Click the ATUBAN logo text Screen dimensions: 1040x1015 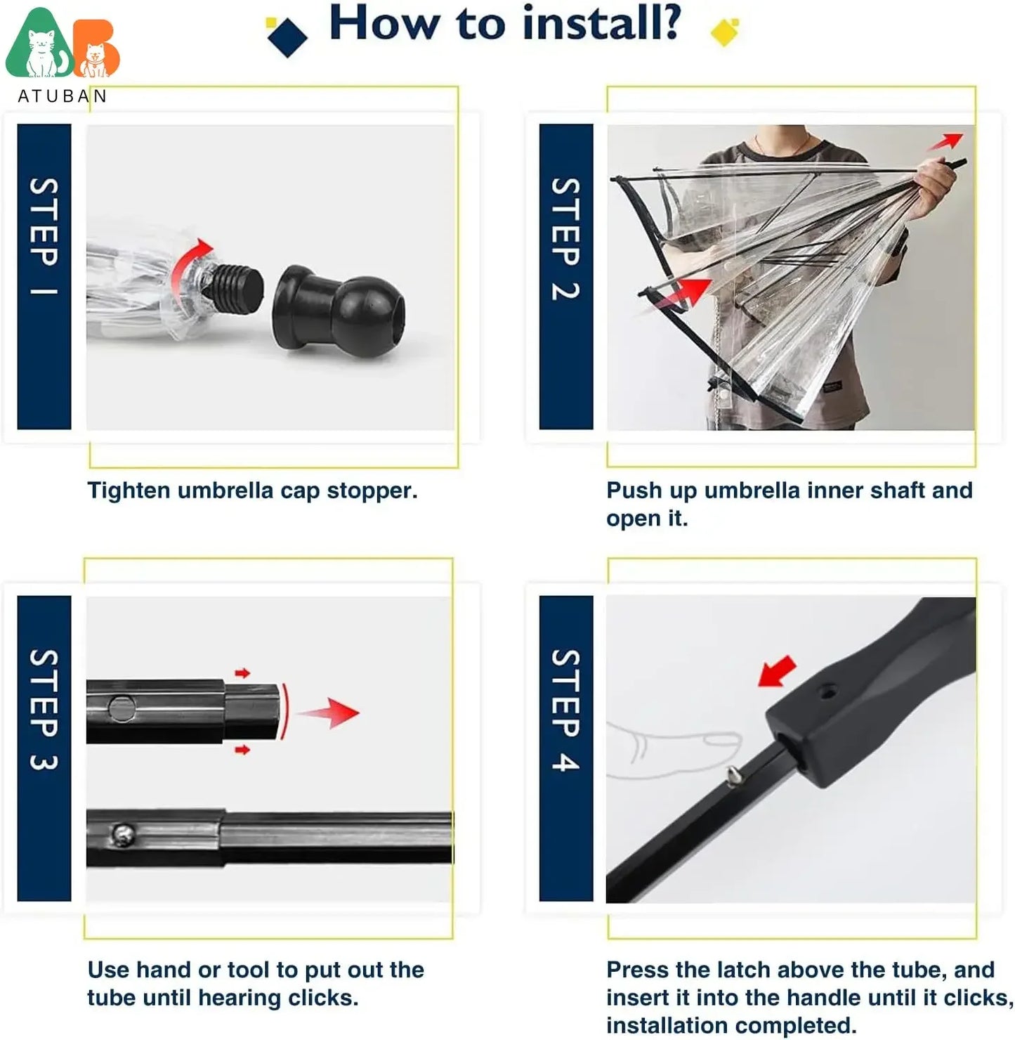point(62,96)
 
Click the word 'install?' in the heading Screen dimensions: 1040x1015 point(602,24)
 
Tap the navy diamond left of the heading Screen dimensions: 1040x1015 point(287,36)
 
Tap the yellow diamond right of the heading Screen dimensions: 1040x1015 point(724,32)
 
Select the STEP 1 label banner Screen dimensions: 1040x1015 point(44,276)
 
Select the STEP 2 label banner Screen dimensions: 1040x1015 point(565,276)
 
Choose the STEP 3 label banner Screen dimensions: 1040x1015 point(44,748)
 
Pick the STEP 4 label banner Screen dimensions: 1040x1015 point(565,748)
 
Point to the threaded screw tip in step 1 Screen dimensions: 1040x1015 point(236,288)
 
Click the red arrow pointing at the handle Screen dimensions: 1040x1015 point(778,671)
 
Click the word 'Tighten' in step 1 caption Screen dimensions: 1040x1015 point(129,490)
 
